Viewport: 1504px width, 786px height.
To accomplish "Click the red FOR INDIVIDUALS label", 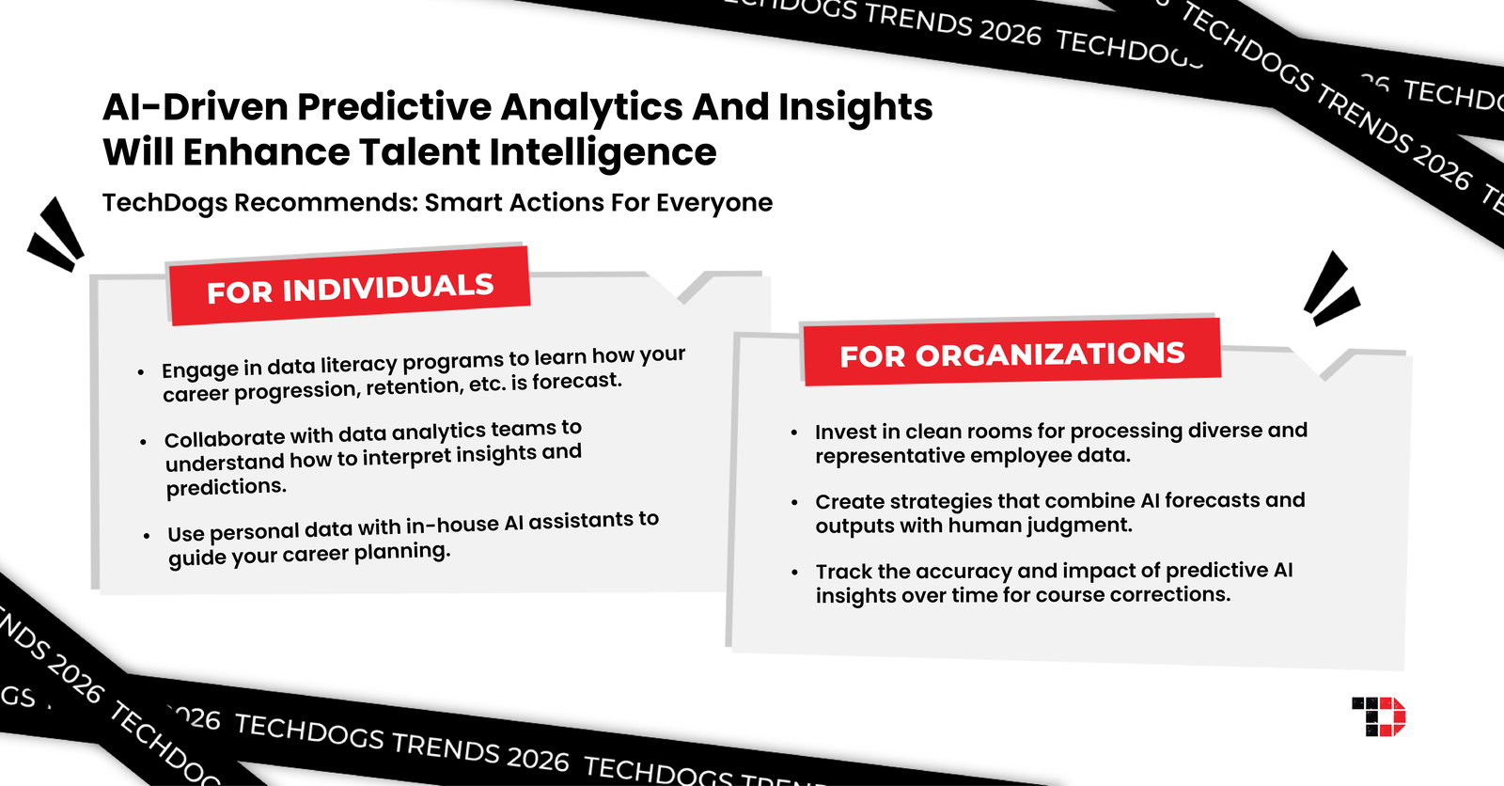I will point(350,288).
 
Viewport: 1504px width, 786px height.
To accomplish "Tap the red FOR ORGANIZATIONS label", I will point(1012,354).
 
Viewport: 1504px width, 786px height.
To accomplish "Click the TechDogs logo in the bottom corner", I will point(1378,716).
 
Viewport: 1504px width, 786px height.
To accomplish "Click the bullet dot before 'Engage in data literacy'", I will point(141,372).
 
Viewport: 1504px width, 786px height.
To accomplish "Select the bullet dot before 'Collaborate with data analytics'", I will point(144,441).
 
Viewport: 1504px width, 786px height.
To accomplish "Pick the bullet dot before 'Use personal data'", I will point(147,536).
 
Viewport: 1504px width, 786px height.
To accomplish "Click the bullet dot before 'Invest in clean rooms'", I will point(794,432).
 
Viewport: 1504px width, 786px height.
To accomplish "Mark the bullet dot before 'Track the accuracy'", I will point(795,573).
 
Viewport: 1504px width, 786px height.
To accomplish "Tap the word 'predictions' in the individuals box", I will point(227,487).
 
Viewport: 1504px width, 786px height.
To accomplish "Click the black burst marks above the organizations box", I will point(1330,289).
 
